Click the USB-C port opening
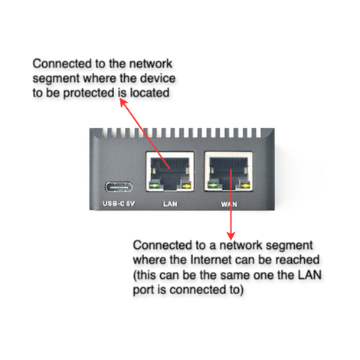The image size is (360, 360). pyautogui.click(x=119, y=188)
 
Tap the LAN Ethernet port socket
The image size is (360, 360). pyautogui.click(x=170, y=172)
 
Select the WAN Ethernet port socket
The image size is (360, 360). pyautogui.click(x=228, y=172)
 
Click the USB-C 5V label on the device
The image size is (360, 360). pyautogui.click(x=119, y=204)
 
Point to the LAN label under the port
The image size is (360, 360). pyautogui.click(x=170, y=204)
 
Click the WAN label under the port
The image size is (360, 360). pyautogui.click(x=229, y=205)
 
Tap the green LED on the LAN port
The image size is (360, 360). pyautogui.click(x=154, y=186)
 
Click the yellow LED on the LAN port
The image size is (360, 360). pyautogui.click(x=187, y=186)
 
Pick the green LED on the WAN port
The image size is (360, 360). pyautogui.click(x=212, y=186)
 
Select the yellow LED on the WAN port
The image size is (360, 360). pyautogui.click(x=245, y=186)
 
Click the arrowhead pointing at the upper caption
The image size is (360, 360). pyautogui.click(x=123, y=103)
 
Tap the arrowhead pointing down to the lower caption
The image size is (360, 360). pyautogui.click(x=231, y=236)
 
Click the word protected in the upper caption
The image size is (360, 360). pyautogui.click(x=89, y=93)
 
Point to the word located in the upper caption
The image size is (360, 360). pyautogui.click(x=149, y=93)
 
